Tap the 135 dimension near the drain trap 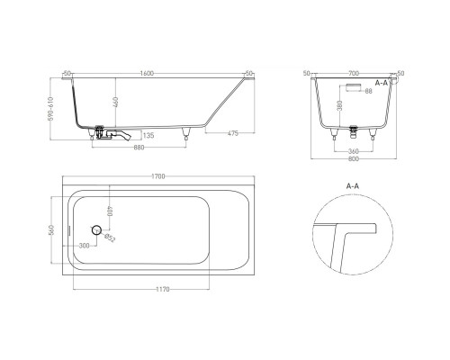149,135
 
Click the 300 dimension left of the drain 84,245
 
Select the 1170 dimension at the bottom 162,290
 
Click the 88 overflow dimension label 369,92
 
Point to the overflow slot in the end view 352,87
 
